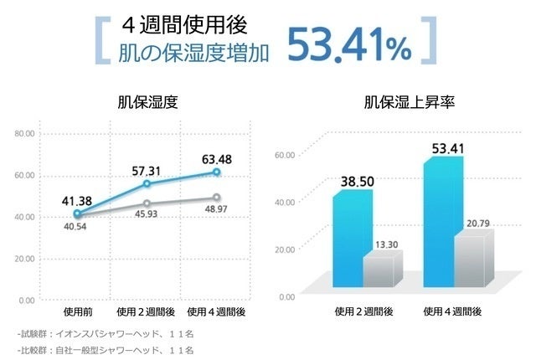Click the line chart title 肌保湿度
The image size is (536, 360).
tap(147, 104)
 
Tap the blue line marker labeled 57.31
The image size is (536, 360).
tap(147, 183)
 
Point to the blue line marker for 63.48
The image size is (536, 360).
tap(216, 172)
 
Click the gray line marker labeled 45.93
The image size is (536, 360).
tap(147, 203)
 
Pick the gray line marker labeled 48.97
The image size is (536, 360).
tap(216, 198)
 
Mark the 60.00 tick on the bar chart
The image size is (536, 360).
tap(286, 155)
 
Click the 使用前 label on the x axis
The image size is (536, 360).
tap(77, 311)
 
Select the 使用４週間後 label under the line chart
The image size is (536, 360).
tap(216, 311)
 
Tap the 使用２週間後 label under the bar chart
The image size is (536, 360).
tap(363, 311)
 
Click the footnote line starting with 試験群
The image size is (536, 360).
tap(106, 332)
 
